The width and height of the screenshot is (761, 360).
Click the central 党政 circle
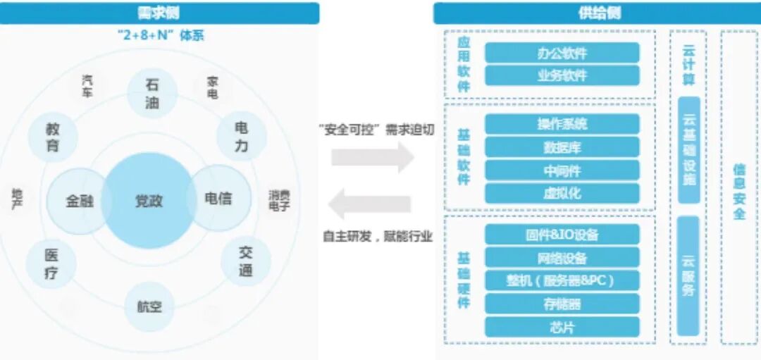(149, 201)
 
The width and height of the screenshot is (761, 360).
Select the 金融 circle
(79, 201)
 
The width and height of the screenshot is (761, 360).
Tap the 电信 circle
(218, 199)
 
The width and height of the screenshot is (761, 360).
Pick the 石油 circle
(152, 94)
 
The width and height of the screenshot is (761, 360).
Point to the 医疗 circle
(51, 263)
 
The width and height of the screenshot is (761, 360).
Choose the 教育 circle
(53, 137)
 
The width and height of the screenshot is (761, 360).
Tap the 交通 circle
(245, 261)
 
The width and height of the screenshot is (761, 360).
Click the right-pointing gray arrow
(373, 156)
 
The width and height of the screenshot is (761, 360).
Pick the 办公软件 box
(562, 53)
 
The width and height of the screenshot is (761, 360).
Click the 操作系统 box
(562, 124)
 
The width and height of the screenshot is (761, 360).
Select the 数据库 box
(562, 147)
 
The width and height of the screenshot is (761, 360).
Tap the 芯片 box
(562, 327)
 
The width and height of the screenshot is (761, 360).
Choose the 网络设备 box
(562, 258)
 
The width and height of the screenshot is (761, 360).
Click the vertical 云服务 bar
(688, 275)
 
